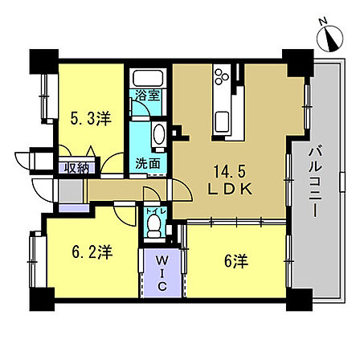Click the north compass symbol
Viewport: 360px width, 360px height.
[x=330, y=39]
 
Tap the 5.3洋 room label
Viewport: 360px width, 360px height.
[x=91, y=118]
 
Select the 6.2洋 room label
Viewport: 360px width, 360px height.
[x=92, y=252]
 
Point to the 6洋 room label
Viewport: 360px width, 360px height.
[x=236, y=261]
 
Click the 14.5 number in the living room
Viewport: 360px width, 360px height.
[x=229, y=171]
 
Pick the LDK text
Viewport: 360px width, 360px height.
[x=231, y=190]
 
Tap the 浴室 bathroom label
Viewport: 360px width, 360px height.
[x=148, y=96]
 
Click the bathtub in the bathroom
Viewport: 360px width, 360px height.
[x=148, y=78]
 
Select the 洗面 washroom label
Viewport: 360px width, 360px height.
[x=148, y=163]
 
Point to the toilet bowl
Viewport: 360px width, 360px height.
[x=154, y=226]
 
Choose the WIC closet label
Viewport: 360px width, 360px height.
[x=162, y=273]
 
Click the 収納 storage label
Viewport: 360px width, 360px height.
[x=77, y=168]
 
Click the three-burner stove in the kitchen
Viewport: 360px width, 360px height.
[x=222, y=76]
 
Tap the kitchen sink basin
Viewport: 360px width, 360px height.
[x=222, y=122]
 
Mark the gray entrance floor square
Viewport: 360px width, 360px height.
[x=71, y=191]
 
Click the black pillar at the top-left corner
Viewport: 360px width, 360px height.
[x=44, y=61]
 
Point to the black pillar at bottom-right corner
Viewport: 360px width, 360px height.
[x=300, y=300]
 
